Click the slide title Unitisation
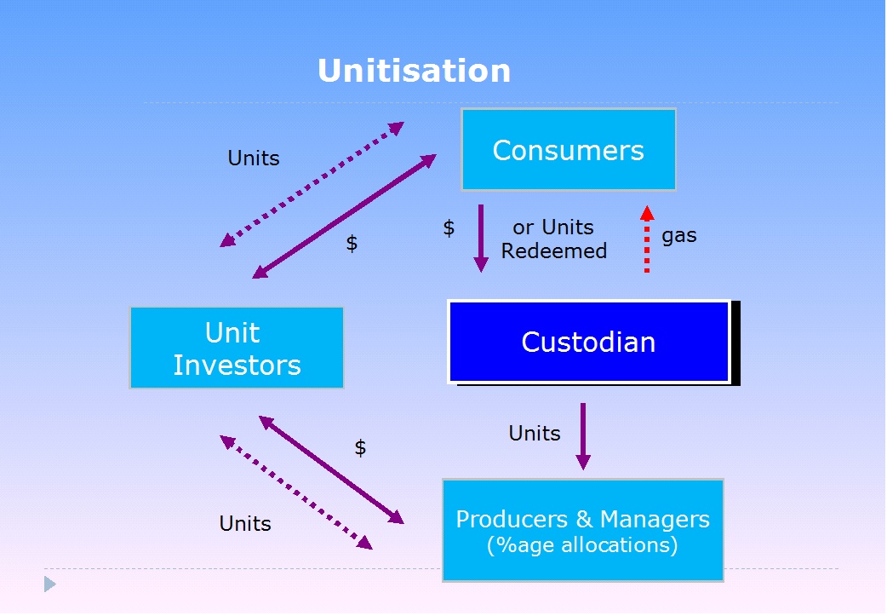click(414, 71)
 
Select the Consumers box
click(569, 149)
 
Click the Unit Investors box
click(237, 348)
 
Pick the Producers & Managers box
click(582, 531)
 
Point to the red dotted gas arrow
click(647, 239)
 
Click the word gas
click(678, 235)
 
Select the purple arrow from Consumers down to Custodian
click(481, 239)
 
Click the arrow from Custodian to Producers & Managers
click(583, 436)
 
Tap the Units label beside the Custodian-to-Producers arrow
click(534, 433)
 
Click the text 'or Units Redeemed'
click(554, 239)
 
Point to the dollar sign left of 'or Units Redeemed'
click(449, 228)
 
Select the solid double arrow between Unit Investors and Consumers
click(344, 216)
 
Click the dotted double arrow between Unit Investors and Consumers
click(312, 185)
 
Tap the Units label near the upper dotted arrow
click(254, 158)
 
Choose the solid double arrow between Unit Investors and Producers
click(331, 470)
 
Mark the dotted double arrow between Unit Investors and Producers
click(296, 492)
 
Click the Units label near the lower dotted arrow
click(245, 524)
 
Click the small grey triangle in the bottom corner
click(49, 584)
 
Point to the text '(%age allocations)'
click(582, 545)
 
